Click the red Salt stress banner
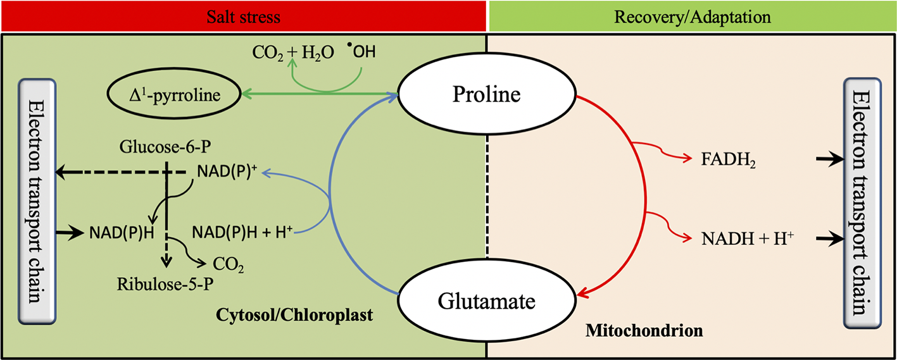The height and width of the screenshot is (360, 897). click(x=244, y=16)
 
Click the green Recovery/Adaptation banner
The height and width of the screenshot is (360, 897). click(x=693, y=16)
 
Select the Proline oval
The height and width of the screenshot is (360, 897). click(x=486, y=96)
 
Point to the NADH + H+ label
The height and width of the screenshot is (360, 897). click(x=747, y=239)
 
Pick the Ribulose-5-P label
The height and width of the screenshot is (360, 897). click(x=164, y=283)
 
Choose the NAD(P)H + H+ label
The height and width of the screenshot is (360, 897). click(x=242, y=233)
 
